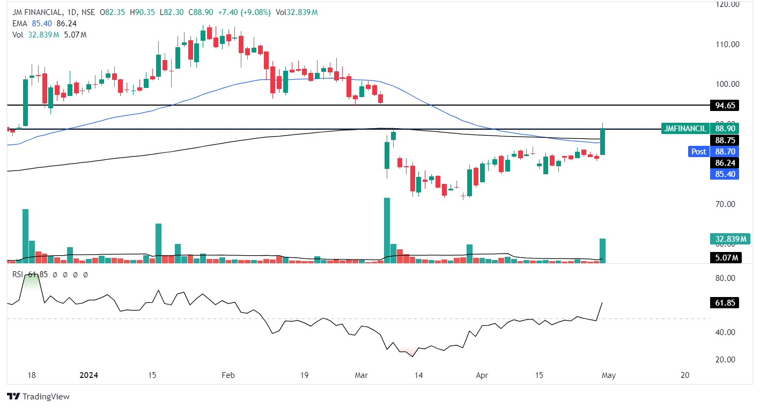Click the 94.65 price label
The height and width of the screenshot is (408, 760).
(x=724, y=105)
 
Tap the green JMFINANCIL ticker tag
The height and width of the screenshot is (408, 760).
(x=684, y=129)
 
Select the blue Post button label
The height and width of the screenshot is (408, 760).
(x=698, y=152)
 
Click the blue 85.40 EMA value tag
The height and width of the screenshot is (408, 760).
(x=724, y=174)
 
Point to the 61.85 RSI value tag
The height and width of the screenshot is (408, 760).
(x=724, y=303)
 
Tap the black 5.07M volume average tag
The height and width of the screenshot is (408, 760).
(x=724, y=258)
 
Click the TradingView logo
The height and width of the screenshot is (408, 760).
(x=38, y=397)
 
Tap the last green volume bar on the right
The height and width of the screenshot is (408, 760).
(x=602, y=251)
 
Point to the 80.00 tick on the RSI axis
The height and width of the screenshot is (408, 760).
(x=724, y=278)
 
